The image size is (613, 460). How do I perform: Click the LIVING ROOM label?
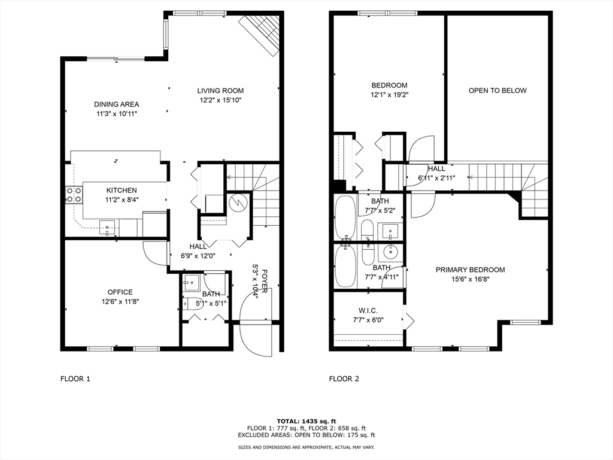click(x=220, y=91)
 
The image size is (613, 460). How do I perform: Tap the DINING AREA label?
click(x=117, y=104)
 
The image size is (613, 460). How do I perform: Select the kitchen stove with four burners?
click(x=74, y=195)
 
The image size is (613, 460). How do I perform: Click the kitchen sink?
click(x=107, y=227)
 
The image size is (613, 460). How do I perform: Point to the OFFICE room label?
click(x=120, y=292)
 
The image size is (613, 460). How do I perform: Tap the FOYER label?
click(x=265, y=281)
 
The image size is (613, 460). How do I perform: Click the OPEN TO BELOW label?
click(x=497, y=91)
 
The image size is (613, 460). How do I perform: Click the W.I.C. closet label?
click(x=368, y=311)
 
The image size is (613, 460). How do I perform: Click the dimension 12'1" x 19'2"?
click(x=389, y=95)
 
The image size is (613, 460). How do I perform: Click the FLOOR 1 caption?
click(x=75, y=379)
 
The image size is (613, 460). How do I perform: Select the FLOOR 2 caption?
click(x=344, y=379)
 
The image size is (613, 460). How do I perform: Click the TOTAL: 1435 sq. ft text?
click(x=306, y=421)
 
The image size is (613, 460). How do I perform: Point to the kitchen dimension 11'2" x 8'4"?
click(x=122, y=200)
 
